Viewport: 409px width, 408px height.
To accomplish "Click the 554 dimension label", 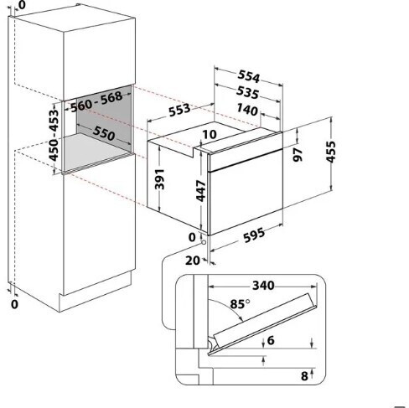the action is pos(249,76).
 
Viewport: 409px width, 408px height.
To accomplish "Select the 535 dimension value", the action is pos(247,92).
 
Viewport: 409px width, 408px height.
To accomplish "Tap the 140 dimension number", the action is pos(247,110).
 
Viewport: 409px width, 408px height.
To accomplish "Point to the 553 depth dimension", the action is pos(179,110).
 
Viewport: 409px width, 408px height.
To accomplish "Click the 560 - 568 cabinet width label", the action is pos(96,101).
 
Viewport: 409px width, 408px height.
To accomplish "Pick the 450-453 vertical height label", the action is pos(54,136).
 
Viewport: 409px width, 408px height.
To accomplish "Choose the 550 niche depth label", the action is pos(104,133).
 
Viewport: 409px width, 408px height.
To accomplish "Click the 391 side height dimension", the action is pos(160,179).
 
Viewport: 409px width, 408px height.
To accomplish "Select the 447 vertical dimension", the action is pos(201,191).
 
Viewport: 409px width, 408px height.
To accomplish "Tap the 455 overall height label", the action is pos(331,152).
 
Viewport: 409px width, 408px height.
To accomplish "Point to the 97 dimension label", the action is pos(298,155).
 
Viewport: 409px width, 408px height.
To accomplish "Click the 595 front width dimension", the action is pos(254,235).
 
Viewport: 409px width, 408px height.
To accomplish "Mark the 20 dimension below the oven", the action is pos(193,261).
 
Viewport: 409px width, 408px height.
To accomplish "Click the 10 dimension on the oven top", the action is pos(210,134).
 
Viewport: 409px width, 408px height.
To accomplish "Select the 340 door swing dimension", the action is pos(263,286).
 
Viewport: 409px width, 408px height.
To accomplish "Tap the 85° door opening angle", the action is pos(240,304).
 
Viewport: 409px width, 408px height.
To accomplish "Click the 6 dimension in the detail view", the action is pos(271,340).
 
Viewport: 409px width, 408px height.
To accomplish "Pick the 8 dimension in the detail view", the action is pos(304,376).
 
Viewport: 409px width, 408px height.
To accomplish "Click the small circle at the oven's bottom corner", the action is pos(204,242).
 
